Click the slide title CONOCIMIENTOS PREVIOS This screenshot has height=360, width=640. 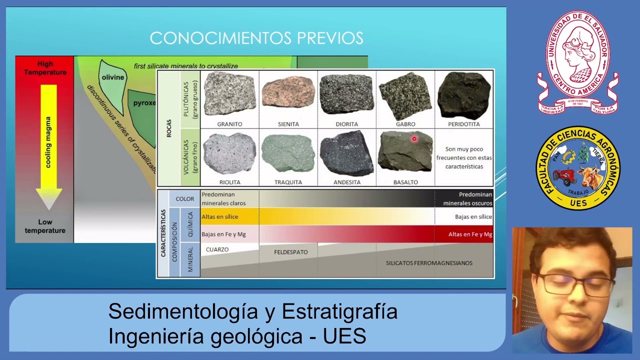pos(256,38)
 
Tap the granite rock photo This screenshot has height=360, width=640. pos(229,94)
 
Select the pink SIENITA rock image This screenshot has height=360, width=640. pos(288,93)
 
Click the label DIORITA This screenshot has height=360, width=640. pos(346,124)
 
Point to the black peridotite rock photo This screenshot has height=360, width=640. pos(463,95)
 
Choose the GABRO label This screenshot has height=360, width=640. pos(405,124)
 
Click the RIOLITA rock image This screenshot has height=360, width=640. pos(229,153)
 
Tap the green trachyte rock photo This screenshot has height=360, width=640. pos(288,153)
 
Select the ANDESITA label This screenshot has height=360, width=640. pos(346,182)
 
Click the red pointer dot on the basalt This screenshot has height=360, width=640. pos(414,139)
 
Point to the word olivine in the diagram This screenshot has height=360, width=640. pos(112,77)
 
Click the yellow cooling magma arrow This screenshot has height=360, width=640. pos(48,145)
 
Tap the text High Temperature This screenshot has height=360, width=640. pos(45,68)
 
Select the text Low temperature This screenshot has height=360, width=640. pos(45,226)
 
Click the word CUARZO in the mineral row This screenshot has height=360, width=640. pos(217,249)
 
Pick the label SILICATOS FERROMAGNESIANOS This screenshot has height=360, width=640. pos(429,263)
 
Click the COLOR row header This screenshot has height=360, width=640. pos(184,199)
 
